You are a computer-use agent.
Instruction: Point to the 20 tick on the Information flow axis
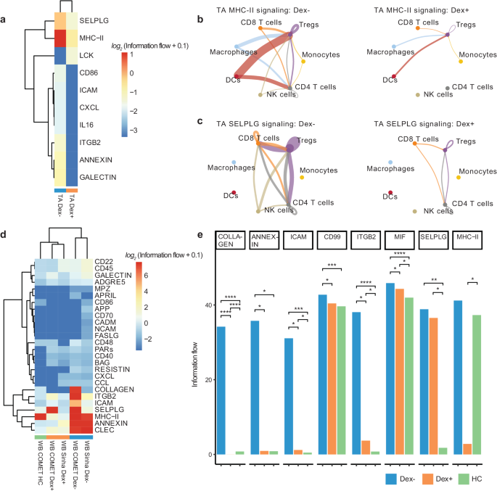[x=210, y=379]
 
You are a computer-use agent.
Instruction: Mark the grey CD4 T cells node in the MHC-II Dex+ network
[x=448, y=88]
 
